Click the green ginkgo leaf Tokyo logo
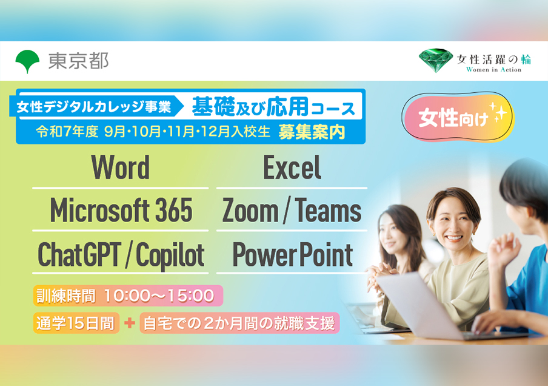(27, 61)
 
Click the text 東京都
(79, 61)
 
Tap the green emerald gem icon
(435, 60)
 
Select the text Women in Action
(493, 69)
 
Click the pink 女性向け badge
(458, 117)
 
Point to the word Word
(120, 168)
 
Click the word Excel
(292, 168)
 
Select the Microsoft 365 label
(121, 210)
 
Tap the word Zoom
(250, 211)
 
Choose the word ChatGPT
(79, 254)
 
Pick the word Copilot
(170, 255)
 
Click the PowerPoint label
(293, 255)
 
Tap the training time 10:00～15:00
(159, 296)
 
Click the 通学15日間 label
(76, 323)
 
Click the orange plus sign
(130, 323)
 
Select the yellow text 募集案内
(312, 132)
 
